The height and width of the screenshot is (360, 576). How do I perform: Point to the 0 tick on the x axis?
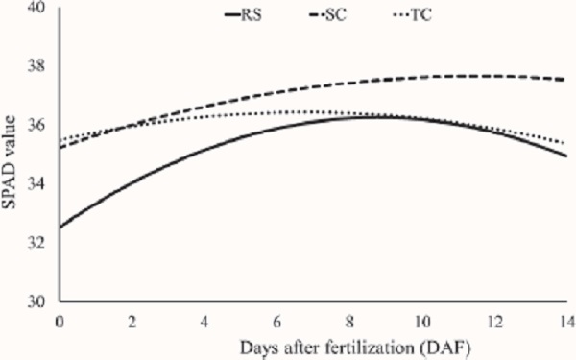pos(60,319)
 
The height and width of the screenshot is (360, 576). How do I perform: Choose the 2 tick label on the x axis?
pos(132,319)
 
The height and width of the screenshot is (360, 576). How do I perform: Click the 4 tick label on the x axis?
pos(204,319)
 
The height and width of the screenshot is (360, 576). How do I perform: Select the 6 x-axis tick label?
pos(276,319)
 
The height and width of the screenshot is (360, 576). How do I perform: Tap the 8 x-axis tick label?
pos(348,319)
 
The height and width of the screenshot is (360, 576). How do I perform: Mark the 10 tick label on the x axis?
pos(420,319)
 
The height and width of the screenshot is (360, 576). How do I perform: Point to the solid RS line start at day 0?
pos(60,227)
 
